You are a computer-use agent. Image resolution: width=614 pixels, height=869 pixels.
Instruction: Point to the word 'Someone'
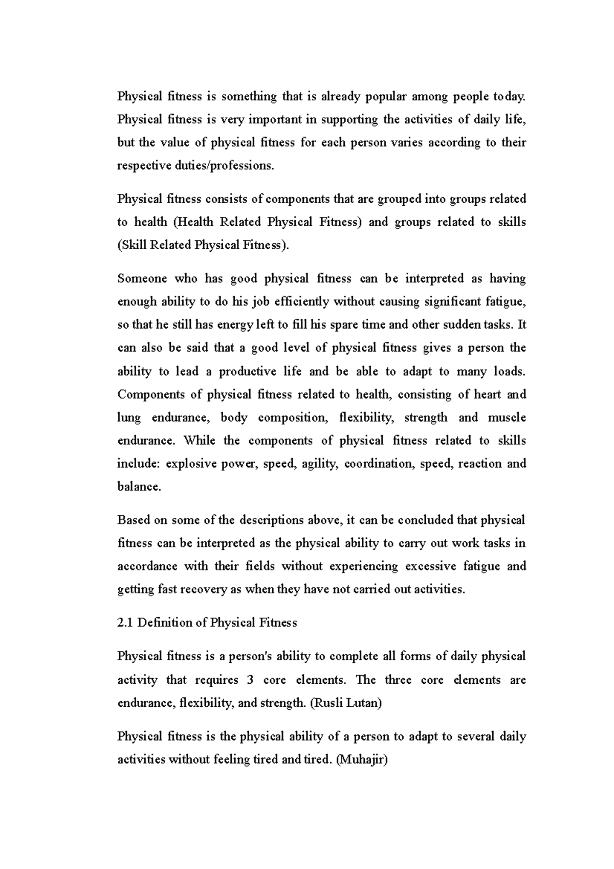[142, 278]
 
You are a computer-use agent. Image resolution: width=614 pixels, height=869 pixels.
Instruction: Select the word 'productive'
[247, 371]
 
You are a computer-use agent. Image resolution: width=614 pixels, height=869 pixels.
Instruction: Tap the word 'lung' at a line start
[128, 418]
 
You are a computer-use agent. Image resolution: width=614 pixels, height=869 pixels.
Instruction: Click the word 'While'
[197, 441]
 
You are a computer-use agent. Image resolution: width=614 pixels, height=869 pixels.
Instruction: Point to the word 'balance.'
[139, 487]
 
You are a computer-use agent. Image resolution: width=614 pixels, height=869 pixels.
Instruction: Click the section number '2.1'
[125, 623]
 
